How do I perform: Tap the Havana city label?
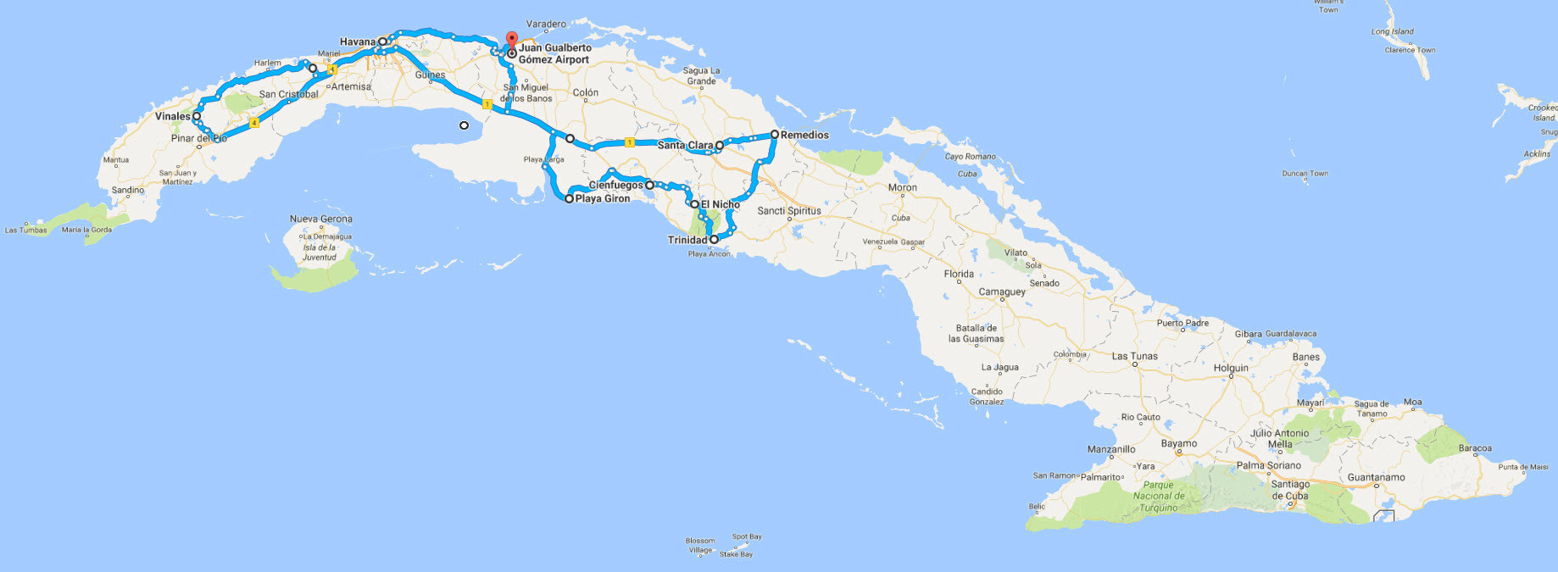click(x=357, y=42)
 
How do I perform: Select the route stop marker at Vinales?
click(x=197, y=116)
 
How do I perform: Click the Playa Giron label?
click(x=603, y=199)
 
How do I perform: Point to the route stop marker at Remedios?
click(x=775, y=134)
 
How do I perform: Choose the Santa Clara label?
click(x=685, y=145)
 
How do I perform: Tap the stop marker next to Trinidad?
click(x=715, y=240)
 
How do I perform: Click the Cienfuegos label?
click(x=615, y=185)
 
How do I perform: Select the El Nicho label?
click(x=720, y=204)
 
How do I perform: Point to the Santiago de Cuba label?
click(x=1289, y=490)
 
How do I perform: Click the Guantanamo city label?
click(x=1376, y=477)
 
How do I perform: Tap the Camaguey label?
click(x=1002, y=292)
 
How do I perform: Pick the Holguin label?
click(x=1231, y=368)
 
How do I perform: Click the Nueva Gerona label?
click(x=320, y=219)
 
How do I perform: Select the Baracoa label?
click(x=1475, y=448)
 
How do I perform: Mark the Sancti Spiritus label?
click(x=789, y=211)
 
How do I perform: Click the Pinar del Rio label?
click(x=199, y=138)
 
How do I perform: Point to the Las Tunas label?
click(x=1134, y=356)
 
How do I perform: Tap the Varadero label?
click(x=546, y=25)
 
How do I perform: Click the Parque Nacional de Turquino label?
click(x=1158, y=496)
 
